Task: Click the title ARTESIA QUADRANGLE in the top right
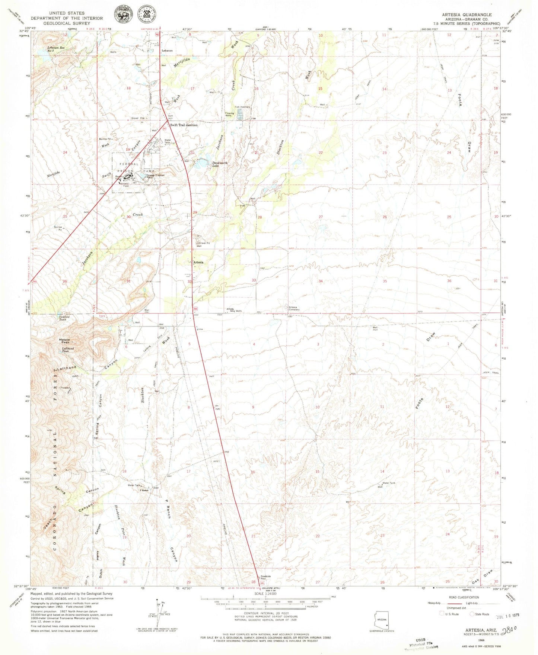(467, 15)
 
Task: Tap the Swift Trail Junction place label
(184, 125)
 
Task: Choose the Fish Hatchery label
(242, 107)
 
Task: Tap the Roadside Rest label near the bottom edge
(264, 578)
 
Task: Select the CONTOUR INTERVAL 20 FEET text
(265, 613)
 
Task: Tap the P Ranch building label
(144, 490)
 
